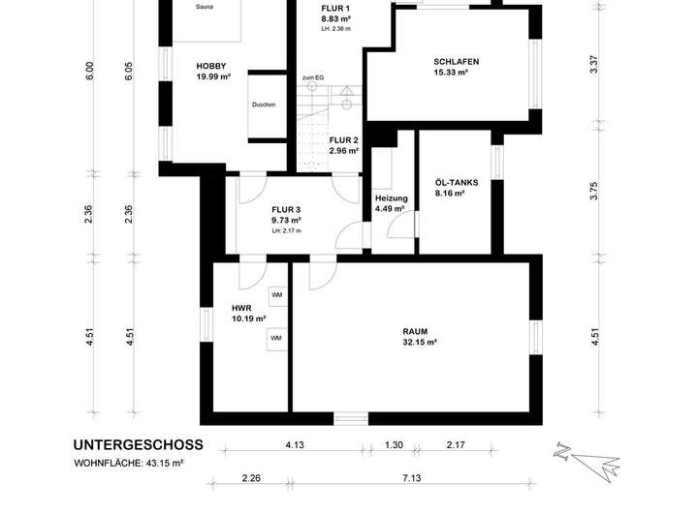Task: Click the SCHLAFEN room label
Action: (x=456, y=62)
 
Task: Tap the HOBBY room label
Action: (x=211, y=66)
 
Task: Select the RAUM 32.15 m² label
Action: (x=420, y=337)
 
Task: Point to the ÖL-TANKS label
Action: (x=457, y=183)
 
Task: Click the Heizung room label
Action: (x=392, y=198)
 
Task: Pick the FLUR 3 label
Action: (x=286, y=210)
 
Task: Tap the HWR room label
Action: (x=241, y=308)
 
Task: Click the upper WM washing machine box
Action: (x=277, y=295)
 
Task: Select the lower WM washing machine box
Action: (x=276, y=339)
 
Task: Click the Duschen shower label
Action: (x=264, y=105)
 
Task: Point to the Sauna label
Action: (x=204, y=7)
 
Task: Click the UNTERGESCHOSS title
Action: (x=138, y=445)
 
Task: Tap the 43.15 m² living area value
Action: (x=165, y=463)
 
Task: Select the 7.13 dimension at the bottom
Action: (x=412, y=478)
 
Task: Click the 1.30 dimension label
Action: (x=394, y=445)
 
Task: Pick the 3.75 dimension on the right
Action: (x=594, y=191)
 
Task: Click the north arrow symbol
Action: (x=587, y=463)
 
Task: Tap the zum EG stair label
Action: (x=313, y=77)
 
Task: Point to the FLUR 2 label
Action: (x=343, y=140)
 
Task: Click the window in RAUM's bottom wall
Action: (x=351, y=418)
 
